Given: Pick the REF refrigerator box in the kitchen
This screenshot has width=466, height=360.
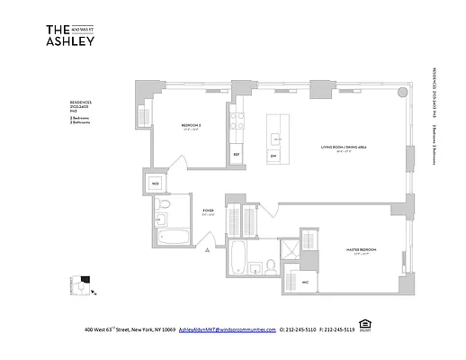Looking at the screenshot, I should pyautogui.click(x=236, y=154).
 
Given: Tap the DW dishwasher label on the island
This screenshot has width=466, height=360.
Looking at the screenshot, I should pyautogui.click(x=273, y=154).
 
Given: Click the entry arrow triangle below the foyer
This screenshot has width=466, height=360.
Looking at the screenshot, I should pyautogui.click(x=210, y=247).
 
